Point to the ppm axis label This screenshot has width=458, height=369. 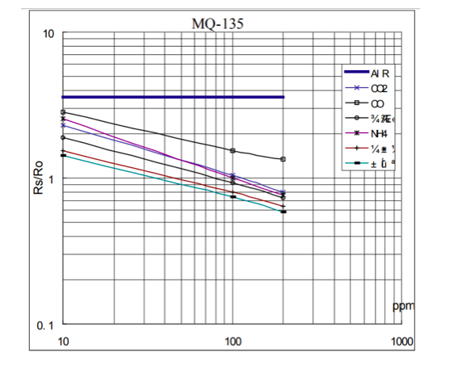click(x=402, y=308)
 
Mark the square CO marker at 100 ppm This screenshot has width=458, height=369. click(x=233, y=151)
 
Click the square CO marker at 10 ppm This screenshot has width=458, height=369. click(x=62, y=112)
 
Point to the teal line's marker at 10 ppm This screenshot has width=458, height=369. click(x=62, y=155)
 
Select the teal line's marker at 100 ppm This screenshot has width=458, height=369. click(x=233, y=196)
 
